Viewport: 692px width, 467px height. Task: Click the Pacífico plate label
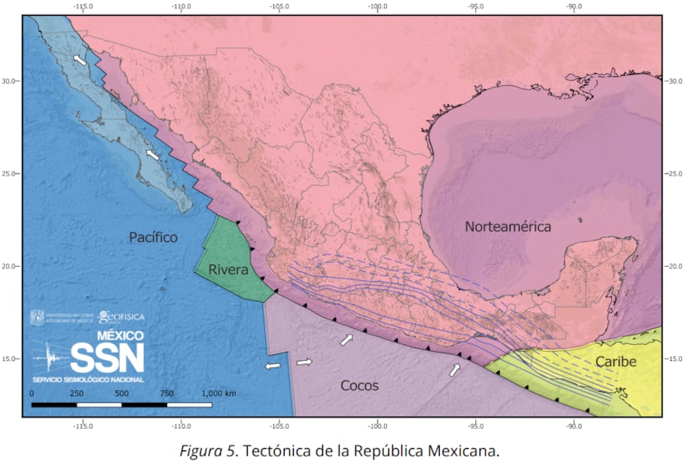coord(153,238)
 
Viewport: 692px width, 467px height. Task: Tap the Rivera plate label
coord(228,270)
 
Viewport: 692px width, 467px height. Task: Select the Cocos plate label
coord(359,386)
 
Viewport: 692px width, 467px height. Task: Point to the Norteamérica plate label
coord(508,227)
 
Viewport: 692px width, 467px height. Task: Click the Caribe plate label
coord(616,362)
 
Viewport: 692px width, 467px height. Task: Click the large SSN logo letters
coord(107,357)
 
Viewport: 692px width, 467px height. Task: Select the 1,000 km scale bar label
coord(219,393)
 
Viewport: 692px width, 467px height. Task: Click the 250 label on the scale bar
coord(76,393)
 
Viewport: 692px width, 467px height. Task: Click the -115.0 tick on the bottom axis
coord(83,426)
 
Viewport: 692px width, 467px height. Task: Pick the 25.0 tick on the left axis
coord(11,173)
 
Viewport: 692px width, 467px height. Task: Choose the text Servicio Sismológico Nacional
coord(87,379)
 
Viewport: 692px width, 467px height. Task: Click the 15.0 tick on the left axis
coord(11,359)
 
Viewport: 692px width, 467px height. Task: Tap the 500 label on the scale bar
coord(122,393)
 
